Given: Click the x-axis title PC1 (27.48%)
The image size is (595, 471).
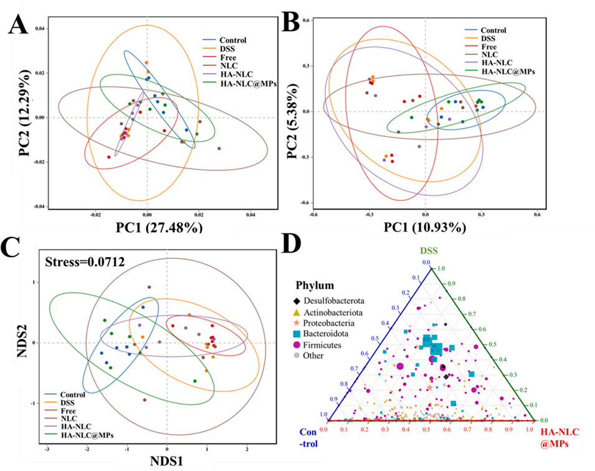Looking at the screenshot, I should coord(148,228).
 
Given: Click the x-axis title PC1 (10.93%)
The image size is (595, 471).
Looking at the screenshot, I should coord(425,228).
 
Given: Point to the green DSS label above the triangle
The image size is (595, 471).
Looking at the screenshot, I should coord(427,252).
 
